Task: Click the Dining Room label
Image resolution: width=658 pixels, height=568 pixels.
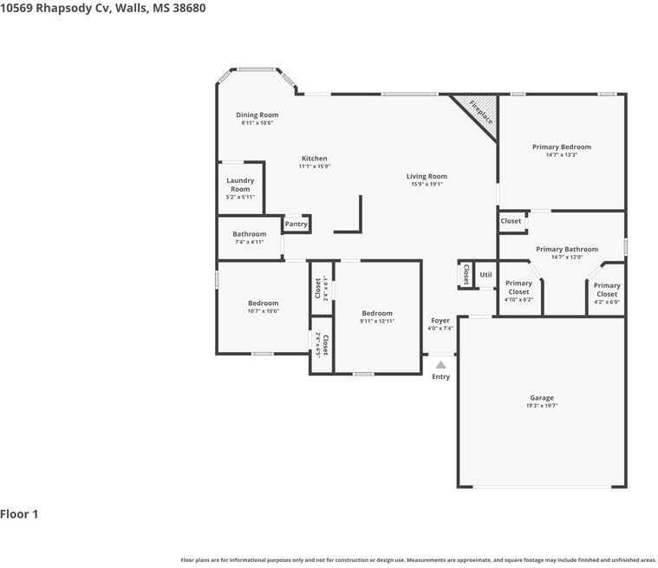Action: tap(257, 114)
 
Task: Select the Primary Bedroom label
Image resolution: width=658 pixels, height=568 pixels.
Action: tap(561, 147)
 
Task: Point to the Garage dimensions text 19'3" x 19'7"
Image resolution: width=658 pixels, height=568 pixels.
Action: tap(541, 406)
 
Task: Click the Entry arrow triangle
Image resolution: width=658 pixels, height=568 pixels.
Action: tap(440, 365)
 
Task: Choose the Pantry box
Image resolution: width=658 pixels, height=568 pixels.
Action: tap(296, 224)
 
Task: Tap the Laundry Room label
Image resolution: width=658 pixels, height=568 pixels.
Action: tap(240, 185)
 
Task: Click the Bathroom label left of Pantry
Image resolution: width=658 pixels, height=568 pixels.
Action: tap(249, 234)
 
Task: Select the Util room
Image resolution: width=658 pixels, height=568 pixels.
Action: tap(485, 275)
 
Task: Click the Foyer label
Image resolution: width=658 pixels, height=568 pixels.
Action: tap(440, 321)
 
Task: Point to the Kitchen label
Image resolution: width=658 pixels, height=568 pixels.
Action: tap(314, 159)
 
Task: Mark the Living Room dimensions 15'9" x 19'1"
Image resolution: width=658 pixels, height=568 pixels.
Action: tap(427, 185)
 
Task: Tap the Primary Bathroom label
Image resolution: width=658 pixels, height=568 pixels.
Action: tap(566, 250)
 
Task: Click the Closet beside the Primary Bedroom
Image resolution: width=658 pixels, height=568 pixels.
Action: tap(511, 221)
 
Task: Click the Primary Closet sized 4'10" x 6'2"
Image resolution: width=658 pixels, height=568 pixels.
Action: tap(518, 287)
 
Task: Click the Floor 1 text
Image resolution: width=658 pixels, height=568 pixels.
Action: tap(19, 514)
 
